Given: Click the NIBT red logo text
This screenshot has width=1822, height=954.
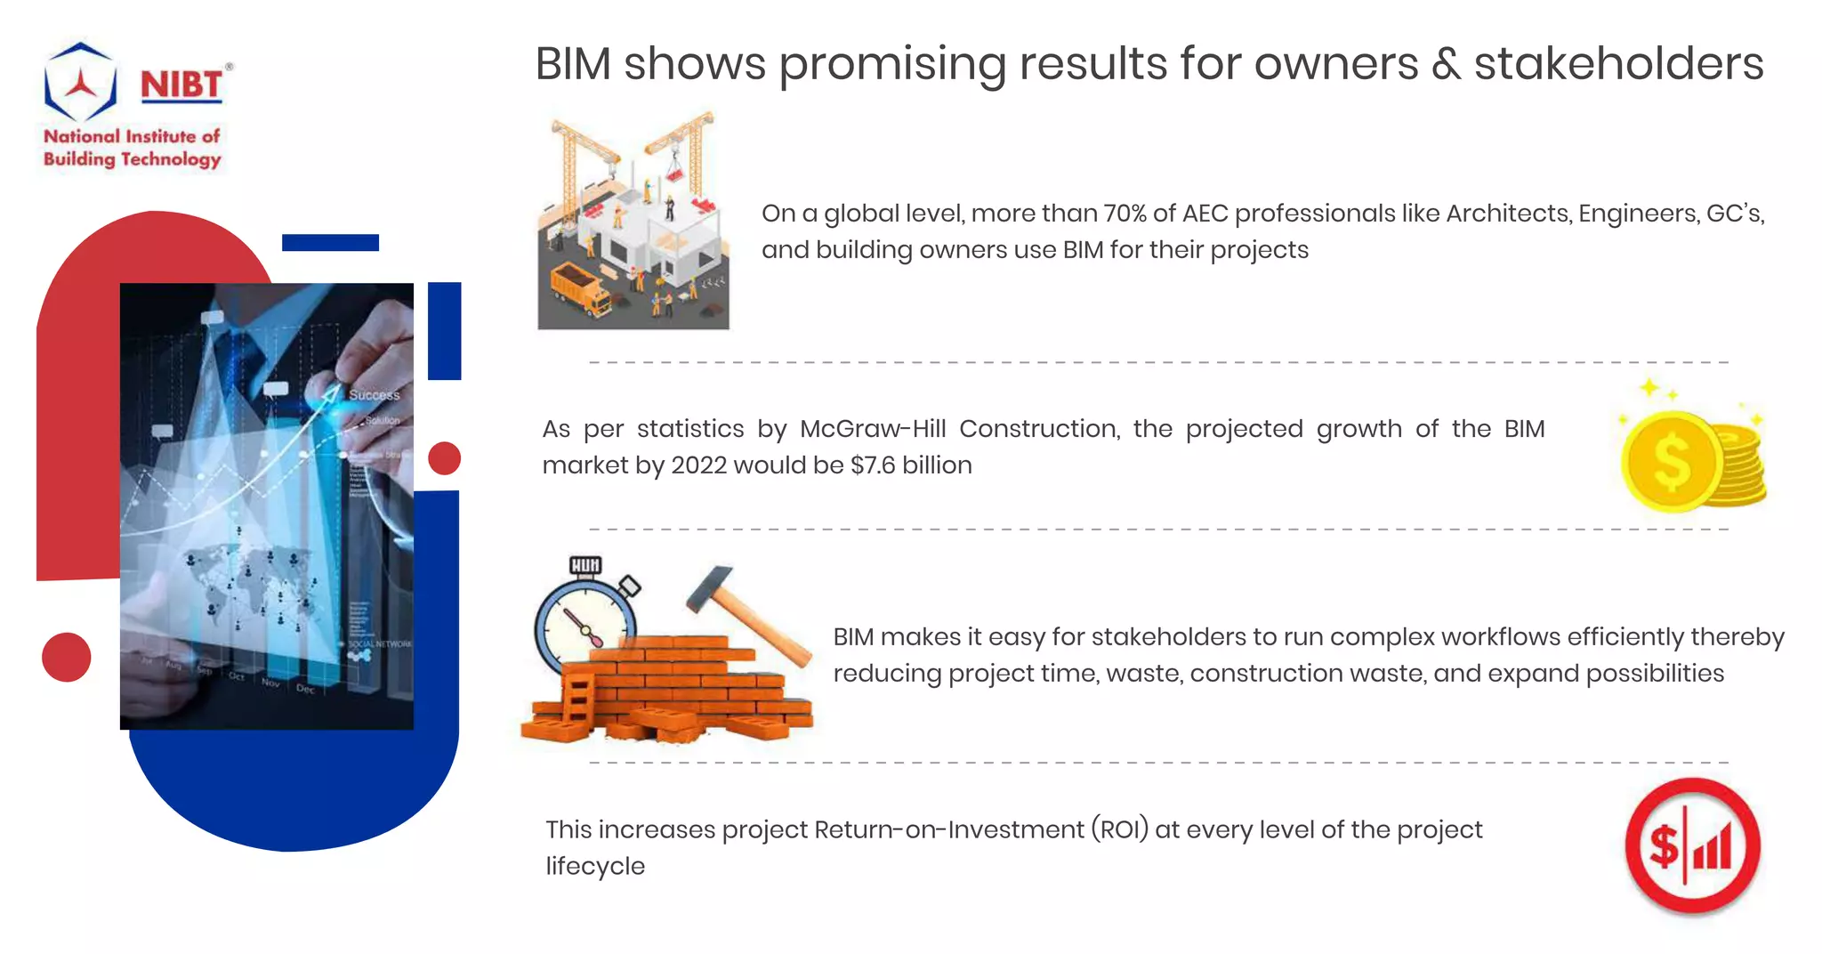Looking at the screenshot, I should pyautogui.click(x=181, y=85).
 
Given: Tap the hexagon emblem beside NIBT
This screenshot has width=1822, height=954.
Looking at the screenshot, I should pyautogui.click(x=80, y=82).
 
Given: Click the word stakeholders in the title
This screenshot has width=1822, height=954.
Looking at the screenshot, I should pyautogui.click(x=1618, y=64).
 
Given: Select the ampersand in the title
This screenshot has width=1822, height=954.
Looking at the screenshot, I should pyautogui.click(x=1447, y=64).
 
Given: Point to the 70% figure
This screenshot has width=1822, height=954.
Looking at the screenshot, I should pyautogui.click(x=1125, y=214).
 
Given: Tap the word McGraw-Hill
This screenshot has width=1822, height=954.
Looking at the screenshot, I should pyautogui.click(x=872, y=429).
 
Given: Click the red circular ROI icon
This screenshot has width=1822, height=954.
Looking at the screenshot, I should pyautogui.click(x=1692, y=845).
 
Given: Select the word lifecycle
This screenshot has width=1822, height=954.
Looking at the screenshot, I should pyautogui.click(x=595, y=866).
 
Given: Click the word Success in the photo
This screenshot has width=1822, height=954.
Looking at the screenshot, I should pyautogui.click(x=374, y=394).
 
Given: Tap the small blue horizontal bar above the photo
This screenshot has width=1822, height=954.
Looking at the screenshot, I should pyautogui.click(x=330, y=242).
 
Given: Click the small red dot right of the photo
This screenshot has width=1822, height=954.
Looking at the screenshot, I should pyautogui.click(x=444, y=458).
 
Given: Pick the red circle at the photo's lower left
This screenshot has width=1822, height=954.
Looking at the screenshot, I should pyautogui.click(x=67, y=657).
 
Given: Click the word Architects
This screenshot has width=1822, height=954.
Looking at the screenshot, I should pyautogui.click(x=1508, y=214).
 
